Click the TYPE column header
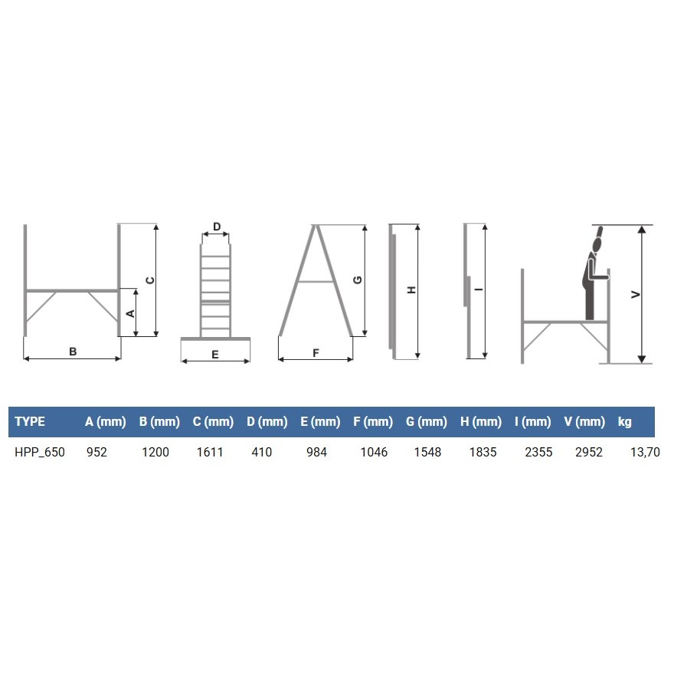tap(30, 421)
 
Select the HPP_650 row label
tap(40, 452)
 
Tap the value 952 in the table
tap(97, 452)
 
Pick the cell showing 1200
tap(155, 452)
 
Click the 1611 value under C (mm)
tap(210, 452)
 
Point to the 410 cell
tap(262, 452)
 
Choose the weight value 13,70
tap(645, 452)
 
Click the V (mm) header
tap(584, 421)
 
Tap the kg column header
tap(624, 422)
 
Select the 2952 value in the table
tap(589, 452)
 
